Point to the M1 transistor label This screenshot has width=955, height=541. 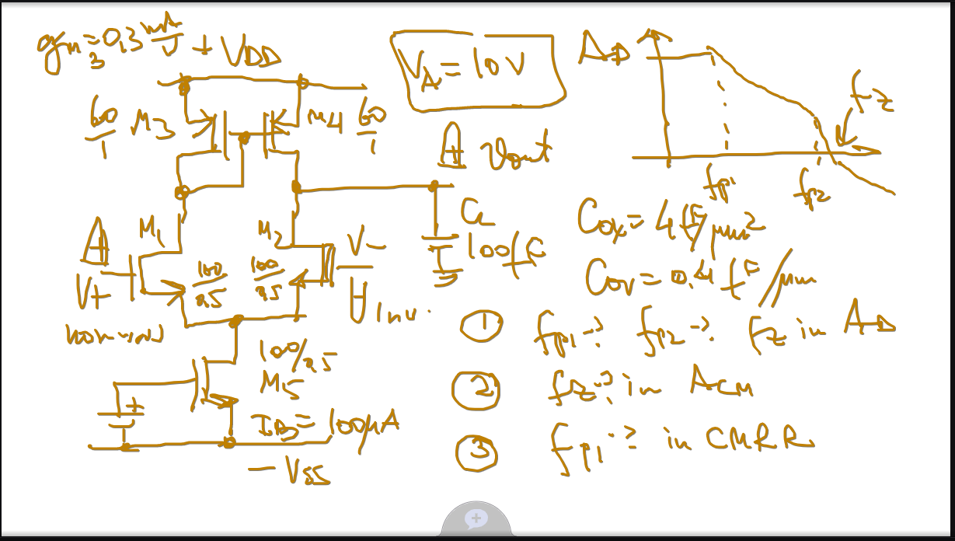tap(152, 229)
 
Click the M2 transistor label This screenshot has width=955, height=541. tap(270, 229)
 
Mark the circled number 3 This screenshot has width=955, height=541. tap(475, 452)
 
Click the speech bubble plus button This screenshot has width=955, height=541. tap(476, 518)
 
